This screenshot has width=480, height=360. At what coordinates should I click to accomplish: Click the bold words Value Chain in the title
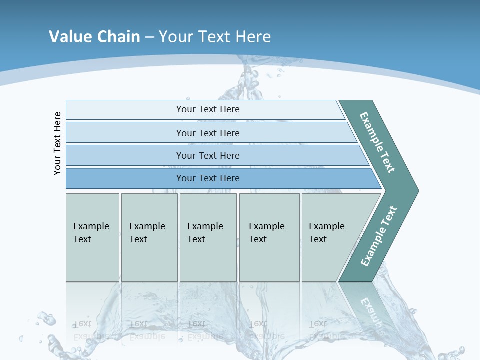coord(94,36)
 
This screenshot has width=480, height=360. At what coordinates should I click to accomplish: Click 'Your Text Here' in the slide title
coord(215,36)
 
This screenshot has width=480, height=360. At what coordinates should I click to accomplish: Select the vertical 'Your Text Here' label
coord(57,143)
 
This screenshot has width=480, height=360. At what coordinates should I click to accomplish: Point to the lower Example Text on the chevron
coord(379,236)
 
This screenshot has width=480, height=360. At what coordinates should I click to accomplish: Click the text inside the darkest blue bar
coord(208,178)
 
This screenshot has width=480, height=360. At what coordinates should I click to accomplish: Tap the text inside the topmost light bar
coord(208,109)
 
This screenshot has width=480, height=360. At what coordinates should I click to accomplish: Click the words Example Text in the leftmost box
coord(91,232)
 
